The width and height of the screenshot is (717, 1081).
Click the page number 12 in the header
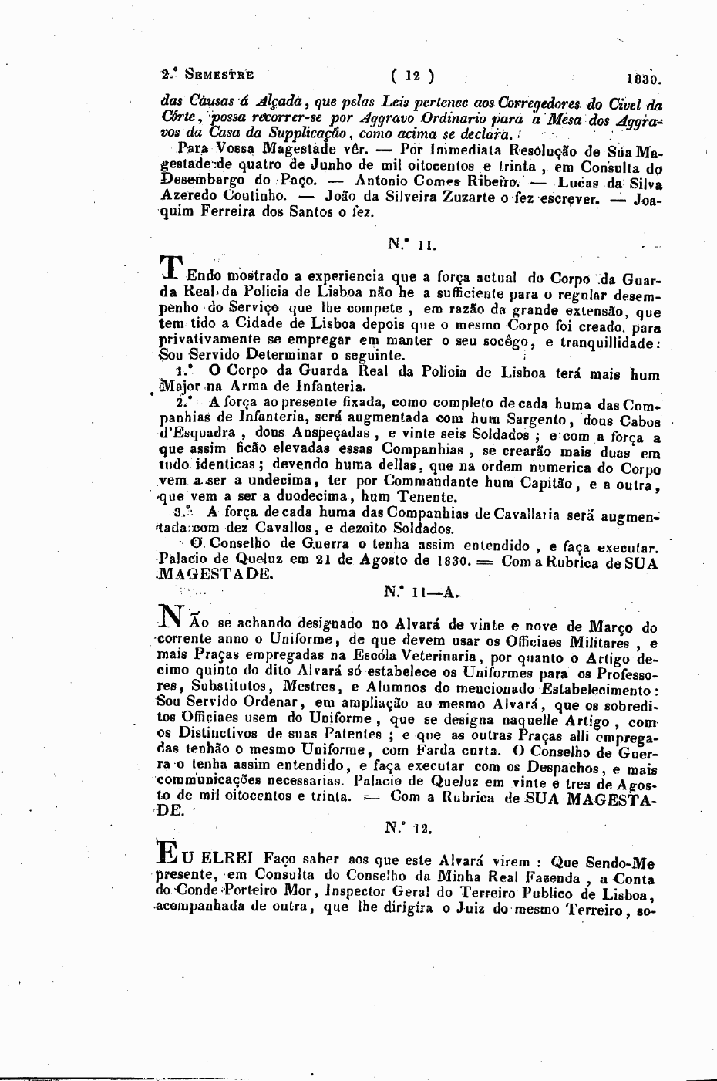412,76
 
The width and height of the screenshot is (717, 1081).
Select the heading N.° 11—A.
421,593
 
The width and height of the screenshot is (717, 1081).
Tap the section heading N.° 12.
409,829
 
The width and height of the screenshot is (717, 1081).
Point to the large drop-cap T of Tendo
171,266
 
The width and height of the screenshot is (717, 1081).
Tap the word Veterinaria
433,656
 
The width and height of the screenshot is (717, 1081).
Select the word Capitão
548,482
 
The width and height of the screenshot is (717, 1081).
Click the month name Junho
334,165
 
